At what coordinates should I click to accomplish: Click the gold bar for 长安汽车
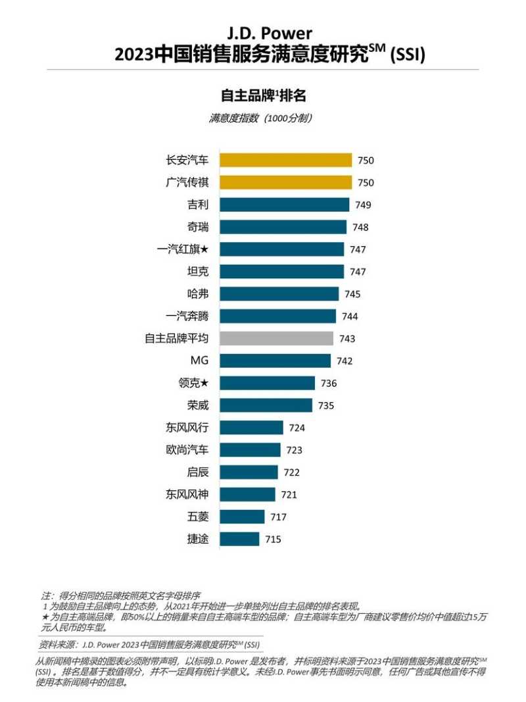[285, 160]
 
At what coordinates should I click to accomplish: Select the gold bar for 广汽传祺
[285, 182]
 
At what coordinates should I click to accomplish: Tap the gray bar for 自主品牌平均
[276, 338]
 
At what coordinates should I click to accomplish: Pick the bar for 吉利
[284, 205]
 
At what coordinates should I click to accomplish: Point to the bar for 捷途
[239, 539]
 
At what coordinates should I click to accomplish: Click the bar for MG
[275, 361]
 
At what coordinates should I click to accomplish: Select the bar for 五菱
[242, 516]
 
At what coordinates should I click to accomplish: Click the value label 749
[363, 205]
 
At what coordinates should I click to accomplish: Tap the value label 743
[347, 339]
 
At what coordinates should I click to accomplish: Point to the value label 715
[273, 539]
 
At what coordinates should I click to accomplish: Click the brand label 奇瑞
[198, 227]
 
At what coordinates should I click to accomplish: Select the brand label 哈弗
[198, 293]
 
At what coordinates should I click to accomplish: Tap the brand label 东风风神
[187, 494]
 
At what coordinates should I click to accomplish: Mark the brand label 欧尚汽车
[187, 449]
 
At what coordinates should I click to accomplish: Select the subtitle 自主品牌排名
[263, 95]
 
